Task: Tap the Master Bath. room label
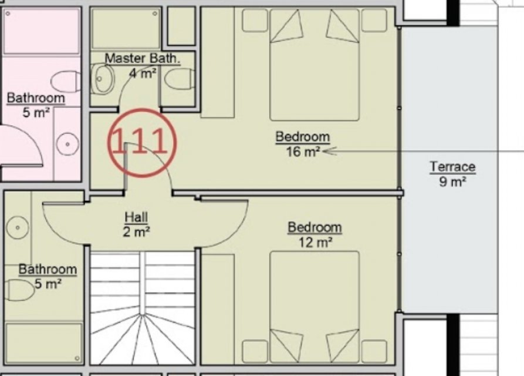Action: [x=143, y=58]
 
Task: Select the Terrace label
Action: [x=452, y=167]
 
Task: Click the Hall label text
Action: [x=136, y=217]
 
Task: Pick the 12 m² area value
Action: [x=315, y=242]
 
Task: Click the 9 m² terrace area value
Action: [x=452, y=182]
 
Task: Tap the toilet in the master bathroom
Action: [x=180, y=80]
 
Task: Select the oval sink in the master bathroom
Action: [x=103, y=79]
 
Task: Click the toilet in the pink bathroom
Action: [x=66, y=81]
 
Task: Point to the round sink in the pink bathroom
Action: [x=67, y=144]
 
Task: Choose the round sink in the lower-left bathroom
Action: [x=18, y=227]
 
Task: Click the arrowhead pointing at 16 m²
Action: [x=329, y=152]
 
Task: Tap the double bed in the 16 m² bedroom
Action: [x=315, y=65]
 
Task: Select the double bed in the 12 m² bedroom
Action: [x=315, y=307]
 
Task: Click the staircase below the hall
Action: [x=143, y=308]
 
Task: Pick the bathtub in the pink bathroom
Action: [x=41, y=31]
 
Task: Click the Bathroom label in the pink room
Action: [x=36, y=98]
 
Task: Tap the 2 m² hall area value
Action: [x=136, y=231]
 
